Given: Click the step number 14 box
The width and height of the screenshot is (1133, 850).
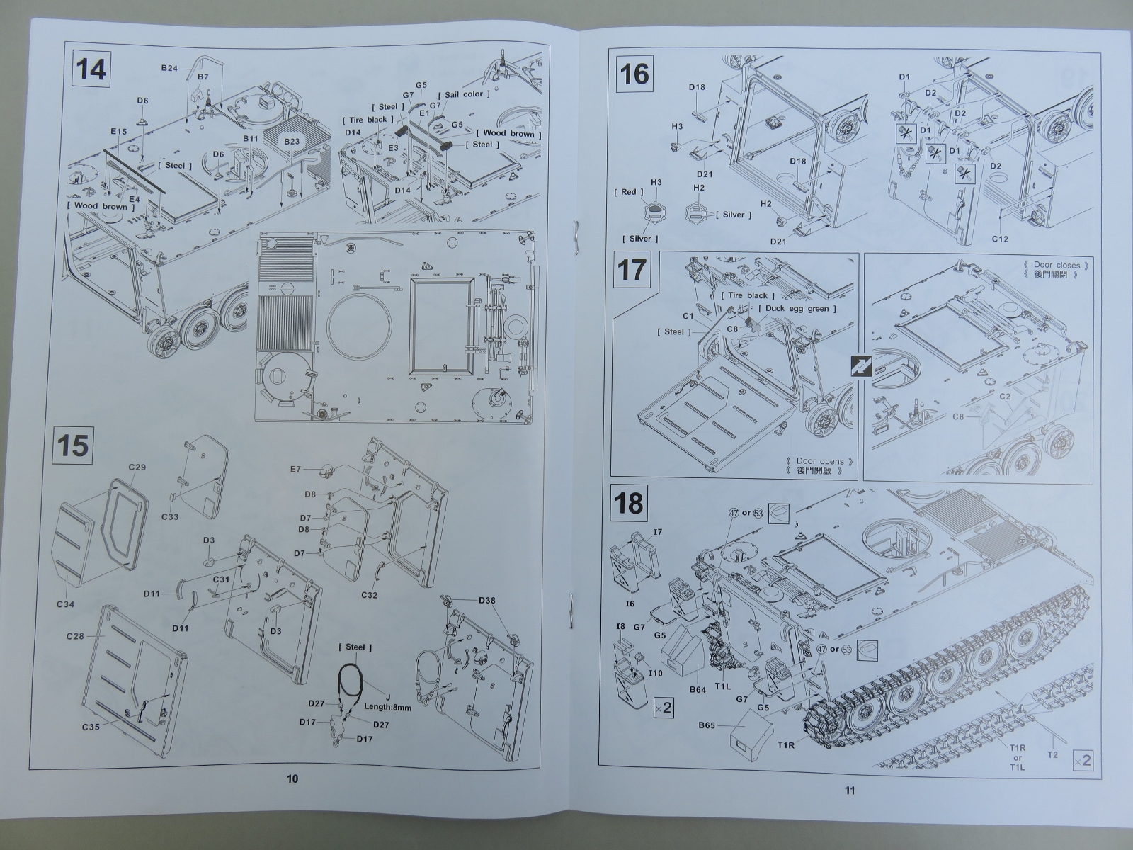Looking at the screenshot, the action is (91, 70).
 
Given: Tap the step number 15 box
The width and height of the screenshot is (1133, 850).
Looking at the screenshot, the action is (73, 446).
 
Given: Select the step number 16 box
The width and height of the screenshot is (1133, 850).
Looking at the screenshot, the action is (634, 73).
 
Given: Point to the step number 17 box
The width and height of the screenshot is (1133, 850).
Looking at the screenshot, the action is (632, 270).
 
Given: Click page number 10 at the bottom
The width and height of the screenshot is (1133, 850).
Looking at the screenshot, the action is (292, 779).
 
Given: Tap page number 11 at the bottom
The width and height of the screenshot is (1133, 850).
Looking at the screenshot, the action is (850, 790).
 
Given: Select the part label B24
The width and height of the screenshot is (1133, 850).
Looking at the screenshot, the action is (169, 68).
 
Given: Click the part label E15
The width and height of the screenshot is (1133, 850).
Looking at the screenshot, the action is (118, 132).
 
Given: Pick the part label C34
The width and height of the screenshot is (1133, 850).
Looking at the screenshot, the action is (65, 603).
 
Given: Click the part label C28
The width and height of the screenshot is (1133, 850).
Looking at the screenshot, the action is (74, 636).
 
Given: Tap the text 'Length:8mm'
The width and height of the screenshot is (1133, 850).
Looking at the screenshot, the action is (387, 706).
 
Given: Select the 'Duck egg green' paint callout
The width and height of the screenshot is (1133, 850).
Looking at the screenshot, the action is (797, 309).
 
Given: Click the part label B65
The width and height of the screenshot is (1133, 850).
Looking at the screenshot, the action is (707, 725).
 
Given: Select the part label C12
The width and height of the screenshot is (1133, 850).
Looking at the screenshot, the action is (999, 239).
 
